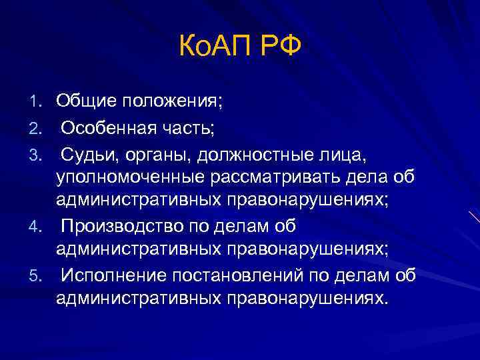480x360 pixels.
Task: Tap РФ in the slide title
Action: coord(280,47)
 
